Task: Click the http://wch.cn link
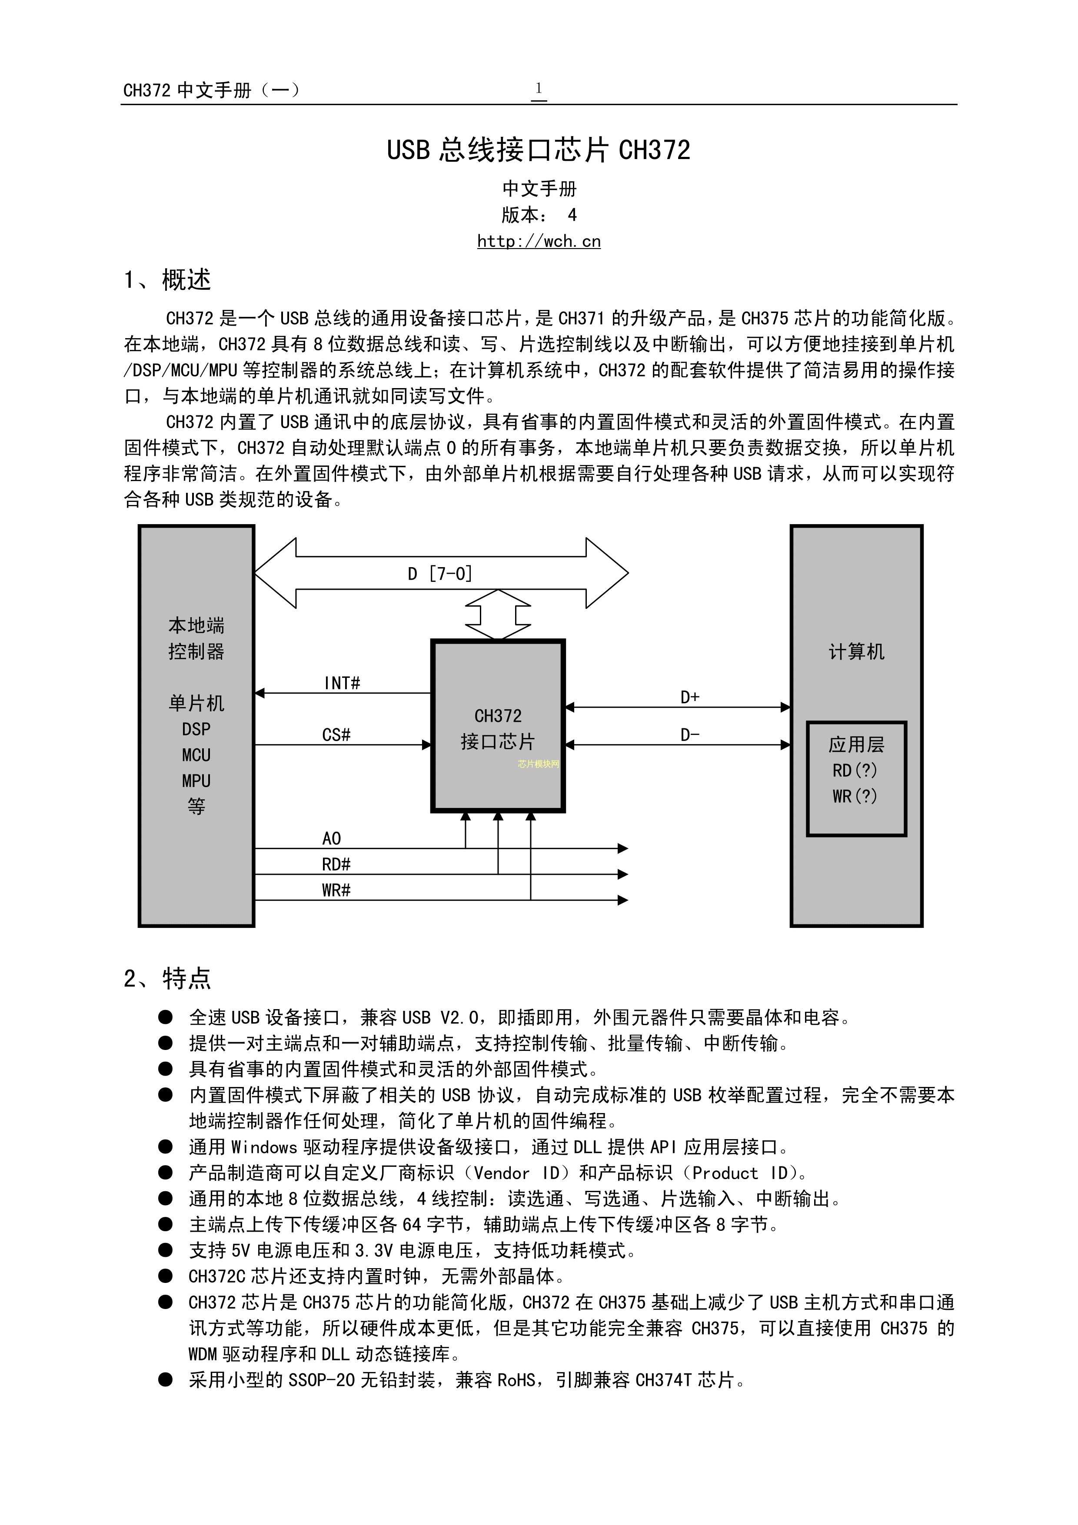pyautogui.click(x=539, y=241)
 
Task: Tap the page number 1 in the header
pyautogui.click(x=539, y=88)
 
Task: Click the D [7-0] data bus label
pyautogui.click(x=440, y=573)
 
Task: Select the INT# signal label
pyautogui.click(x=342, y=683)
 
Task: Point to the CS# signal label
pyautogui.click(x=336, y=734)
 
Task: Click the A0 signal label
pyautogui.click(x=331, y=839)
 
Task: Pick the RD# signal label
pyautogui.click(x=336, y=864)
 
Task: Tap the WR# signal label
pyautogui.click(x=336, y=890)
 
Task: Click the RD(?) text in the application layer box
pyautogui.click(x=855, y=771)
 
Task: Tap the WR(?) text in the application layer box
pyautogui.click(x=855, y=796)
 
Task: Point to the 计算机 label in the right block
pyautogui.click(x=856, y=651)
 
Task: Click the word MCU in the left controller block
pyautogui.click(x=196, y=755)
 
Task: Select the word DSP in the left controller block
pyautogui.click(x=196, y=729)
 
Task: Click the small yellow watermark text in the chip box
pyautogui.click(x=539, y=764)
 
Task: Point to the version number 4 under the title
pyautogui.click(x=572, y=215)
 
